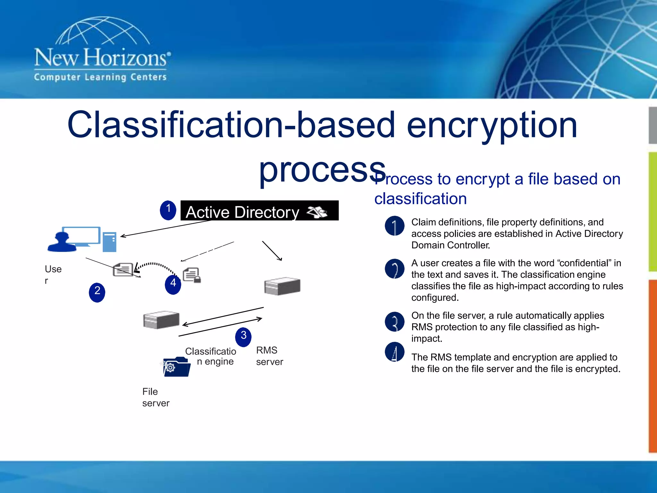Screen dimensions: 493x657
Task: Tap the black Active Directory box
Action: tap(259, 211)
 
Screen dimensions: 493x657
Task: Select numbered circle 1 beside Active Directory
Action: tap(168, 210)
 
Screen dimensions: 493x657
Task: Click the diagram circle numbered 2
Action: tap(97, 292)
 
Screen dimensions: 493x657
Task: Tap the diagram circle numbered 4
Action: tap(173, 284)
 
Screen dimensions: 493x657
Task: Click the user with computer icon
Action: tap(82, 239)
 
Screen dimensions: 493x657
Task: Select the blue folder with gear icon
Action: tap(176, 367)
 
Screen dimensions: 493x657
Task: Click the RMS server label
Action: tap(269, 356)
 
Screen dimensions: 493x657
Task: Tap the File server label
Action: tap(156, 397)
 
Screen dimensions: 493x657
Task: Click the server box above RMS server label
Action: tap(282, 286)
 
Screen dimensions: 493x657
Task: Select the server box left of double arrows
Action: tap(161, 320)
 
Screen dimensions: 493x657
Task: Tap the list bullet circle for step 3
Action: tap(394, 321)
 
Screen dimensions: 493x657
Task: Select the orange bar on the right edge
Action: tap(653, 366)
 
